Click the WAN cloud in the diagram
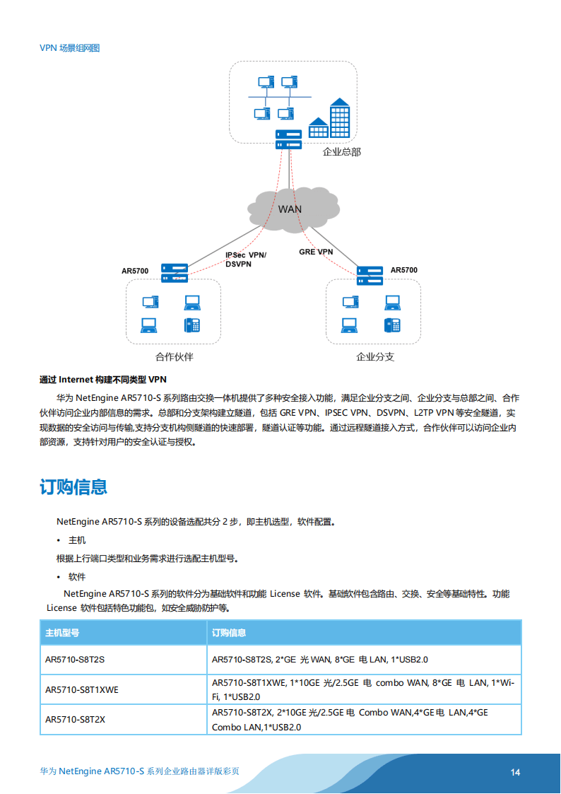pos(290,208)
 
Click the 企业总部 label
pos(341,152)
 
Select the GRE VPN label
pos(316,252)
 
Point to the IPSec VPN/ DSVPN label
pos(246,259)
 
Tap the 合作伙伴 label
pos(174,357)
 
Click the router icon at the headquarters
pos(289,139)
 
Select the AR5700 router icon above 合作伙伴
pos(174,272)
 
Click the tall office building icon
pos(340,118)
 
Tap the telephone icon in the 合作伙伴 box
pos(191,325)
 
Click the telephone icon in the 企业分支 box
pos(392,325)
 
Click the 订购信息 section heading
pos(73,486)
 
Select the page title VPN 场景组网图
pos(70,48)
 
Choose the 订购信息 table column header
pos(229,632)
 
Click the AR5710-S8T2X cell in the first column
pos(75,720)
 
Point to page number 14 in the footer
pos(515,772)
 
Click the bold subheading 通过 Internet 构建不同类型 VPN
pos(103,380)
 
